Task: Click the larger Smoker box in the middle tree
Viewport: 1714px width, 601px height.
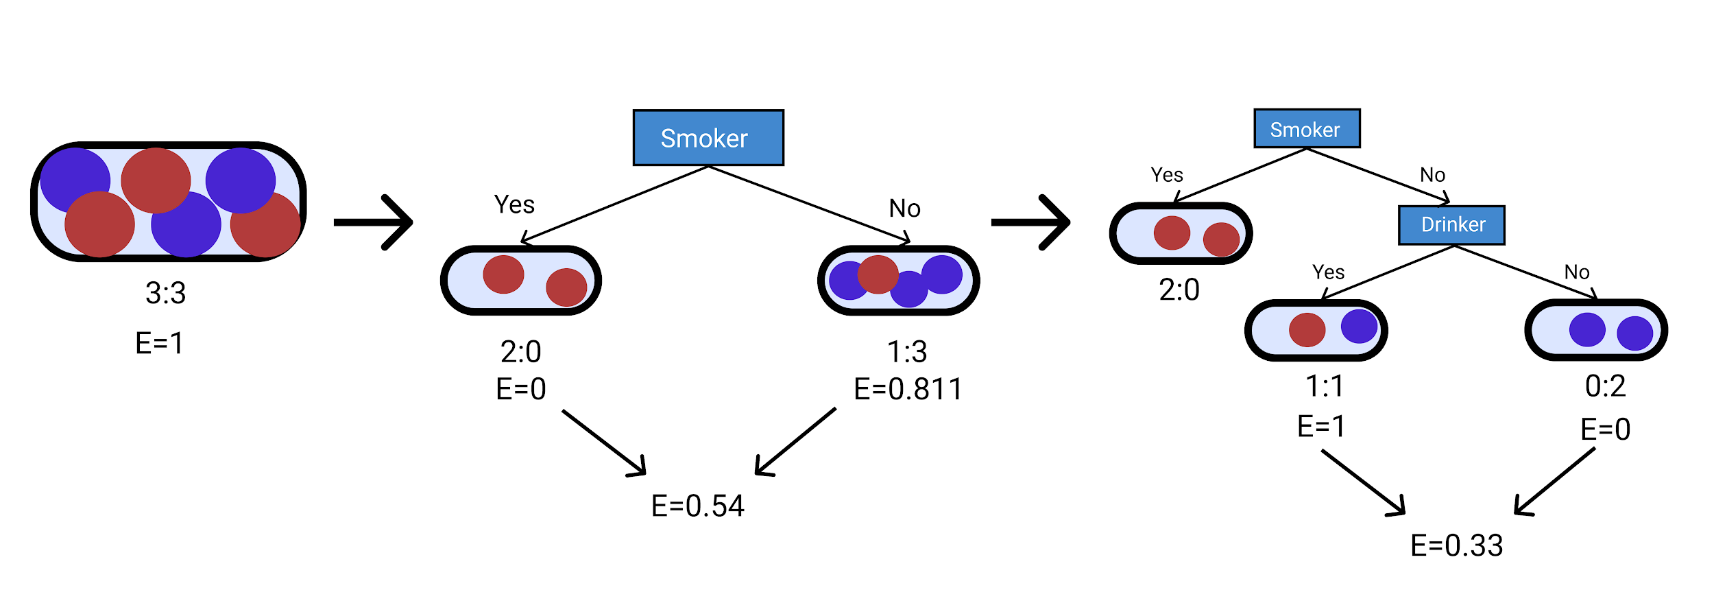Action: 708,138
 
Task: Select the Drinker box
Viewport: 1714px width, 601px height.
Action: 1451,225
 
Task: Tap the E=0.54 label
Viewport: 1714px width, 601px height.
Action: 697,506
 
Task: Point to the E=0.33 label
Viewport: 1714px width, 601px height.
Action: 1456,546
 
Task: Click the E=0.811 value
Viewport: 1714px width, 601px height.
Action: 908,390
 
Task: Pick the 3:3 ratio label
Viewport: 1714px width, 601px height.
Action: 165,293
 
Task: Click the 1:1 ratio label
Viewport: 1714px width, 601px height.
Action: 1324,386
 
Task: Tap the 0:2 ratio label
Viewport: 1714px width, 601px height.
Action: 1605,386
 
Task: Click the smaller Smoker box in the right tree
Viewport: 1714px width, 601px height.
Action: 1307,129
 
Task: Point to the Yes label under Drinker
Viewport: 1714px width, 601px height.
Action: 1328,272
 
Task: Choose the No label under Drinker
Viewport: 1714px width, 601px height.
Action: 1576,272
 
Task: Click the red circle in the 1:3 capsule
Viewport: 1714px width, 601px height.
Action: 878,274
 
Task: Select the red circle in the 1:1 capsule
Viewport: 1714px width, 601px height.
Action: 1307,330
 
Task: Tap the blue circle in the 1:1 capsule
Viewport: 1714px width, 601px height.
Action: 1359,326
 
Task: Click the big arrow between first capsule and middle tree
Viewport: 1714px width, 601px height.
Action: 374,222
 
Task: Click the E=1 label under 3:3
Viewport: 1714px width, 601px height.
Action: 159,343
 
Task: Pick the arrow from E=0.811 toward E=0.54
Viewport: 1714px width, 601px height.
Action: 795,442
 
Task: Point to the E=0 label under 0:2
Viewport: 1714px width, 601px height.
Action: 1605,429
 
